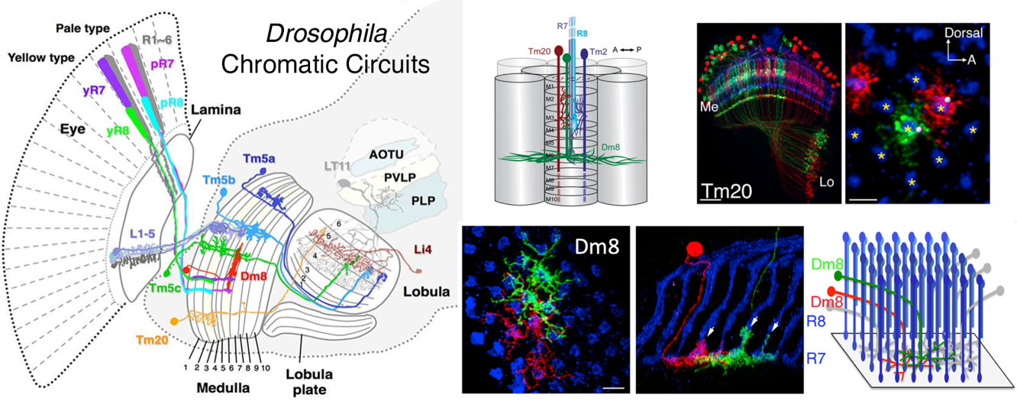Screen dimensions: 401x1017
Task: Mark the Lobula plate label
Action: tap(305, 383)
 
